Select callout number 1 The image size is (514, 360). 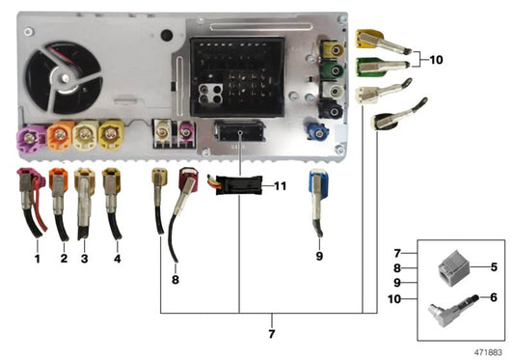point(37,258)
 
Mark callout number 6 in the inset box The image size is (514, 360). point(494,298)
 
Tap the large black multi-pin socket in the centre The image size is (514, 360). point(237,77)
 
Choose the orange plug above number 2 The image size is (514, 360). point(59,180)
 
